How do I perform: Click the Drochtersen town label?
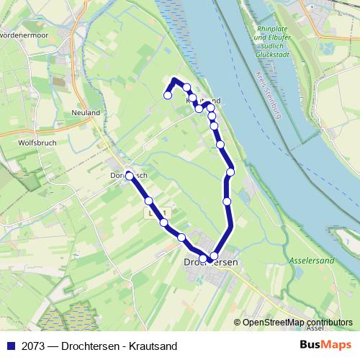click(211, 263)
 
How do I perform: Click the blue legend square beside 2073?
click(11, 346)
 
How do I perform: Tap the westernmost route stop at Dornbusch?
click(130, 175)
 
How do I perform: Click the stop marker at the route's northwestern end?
click(168, 95)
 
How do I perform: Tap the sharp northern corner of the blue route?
click(175, 79)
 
